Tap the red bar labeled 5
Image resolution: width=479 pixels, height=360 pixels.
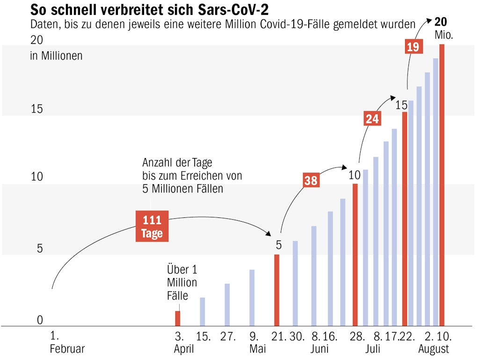click(x=276, y=290)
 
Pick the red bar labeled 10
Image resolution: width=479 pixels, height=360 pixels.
click(x=355, y=255)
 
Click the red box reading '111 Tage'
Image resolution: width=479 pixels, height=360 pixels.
click(x=152, y=226)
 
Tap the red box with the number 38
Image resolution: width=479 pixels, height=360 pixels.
click(x=311, y=180)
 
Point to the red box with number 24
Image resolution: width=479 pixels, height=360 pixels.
click(x=372, y=119)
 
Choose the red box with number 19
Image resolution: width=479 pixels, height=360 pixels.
click(x=414, y=47)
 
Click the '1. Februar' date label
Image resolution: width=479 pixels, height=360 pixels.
click(x=67, y=343)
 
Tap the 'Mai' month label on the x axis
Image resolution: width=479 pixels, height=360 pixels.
click(x=258, y=349)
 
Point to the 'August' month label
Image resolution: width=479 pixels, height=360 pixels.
click(x=434, y=349)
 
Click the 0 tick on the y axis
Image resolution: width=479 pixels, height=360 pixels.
click(x=40, y=320)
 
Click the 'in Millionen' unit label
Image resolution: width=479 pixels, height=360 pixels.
click(x=56, y=56)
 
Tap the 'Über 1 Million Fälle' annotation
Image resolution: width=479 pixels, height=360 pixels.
click(x=182, y=282)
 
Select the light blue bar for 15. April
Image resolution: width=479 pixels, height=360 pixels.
click(x=203, y=311)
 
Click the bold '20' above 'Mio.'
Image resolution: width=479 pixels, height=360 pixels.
click(x=441, y=22)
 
